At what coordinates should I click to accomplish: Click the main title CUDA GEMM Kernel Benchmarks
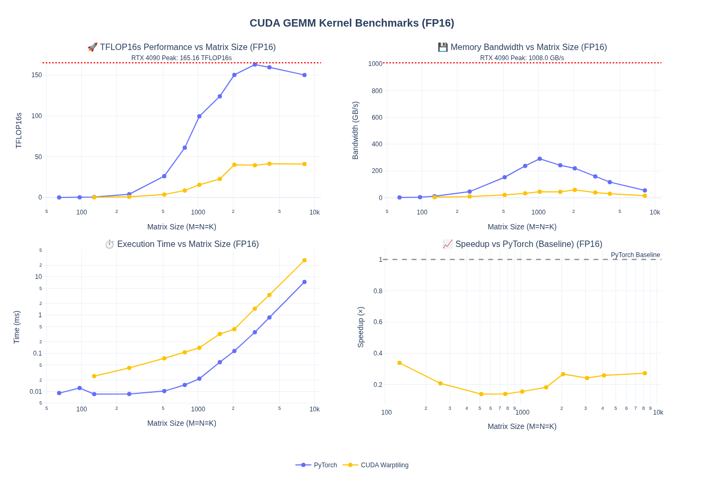pyautogui.click(x=351, y=23)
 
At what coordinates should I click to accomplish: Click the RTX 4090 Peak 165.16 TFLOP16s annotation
pyautogui.click(x=181, y=58)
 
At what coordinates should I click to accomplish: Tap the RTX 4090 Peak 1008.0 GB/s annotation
pyautogui.click(x=522, y=58)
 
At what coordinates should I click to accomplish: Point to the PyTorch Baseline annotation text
pyautogui.click(x=635, y=255)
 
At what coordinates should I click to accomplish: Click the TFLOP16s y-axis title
pyautogui.click(x=19, y=130)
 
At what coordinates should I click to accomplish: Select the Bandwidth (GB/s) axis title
pyautogui.click(x=356, y=130)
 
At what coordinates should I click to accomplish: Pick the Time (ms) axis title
pyautogui.click(x=16, y=327)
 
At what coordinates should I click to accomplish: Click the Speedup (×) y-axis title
pyautogui.click(x=361, y=327)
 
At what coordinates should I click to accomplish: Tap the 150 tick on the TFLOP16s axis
pyautogui.click(x=36, y=75)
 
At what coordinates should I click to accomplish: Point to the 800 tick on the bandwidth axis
pyautogui.click(x=376, y=91)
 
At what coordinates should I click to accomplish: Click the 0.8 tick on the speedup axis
pyautogui.click(x=378, y=291)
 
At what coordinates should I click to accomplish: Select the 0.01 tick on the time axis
pyautogui.click(x=36, y=392)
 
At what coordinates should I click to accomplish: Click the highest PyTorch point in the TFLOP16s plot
pyautogui.click(x=255, y=64)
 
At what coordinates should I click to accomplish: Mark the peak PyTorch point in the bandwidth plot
pyautogui.click(x=540, y=159)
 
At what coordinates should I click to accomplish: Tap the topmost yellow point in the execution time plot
pyautogui.click(x=305, y=260)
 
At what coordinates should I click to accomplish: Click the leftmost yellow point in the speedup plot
pyautogui.click(x=400, y=363)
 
